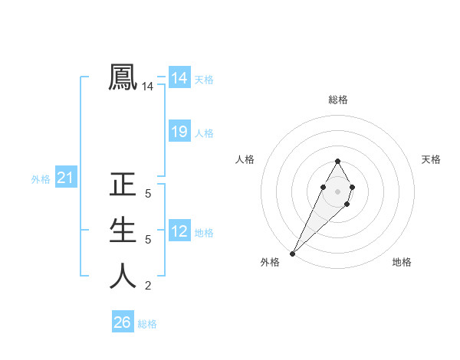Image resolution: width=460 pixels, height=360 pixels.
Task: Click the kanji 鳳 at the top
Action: coord(123,77)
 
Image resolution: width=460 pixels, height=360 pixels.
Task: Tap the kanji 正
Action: coord(123,185)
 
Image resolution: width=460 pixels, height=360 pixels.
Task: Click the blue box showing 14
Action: coord(179,78)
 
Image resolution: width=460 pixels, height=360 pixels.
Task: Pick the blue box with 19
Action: coord(179,132)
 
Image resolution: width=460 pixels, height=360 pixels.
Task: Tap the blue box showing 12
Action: coord(179,231)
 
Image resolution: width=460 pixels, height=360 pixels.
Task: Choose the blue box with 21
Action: coord(65,178)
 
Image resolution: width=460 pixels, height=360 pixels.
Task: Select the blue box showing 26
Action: coord(123,322)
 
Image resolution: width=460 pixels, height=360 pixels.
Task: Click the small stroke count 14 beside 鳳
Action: coord(148,87)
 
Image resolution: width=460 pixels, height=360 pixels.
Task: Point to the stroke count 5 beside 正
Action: coord(148,195)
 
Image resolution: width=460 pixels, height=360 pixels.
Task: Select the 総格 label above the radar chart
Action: coord(338,100)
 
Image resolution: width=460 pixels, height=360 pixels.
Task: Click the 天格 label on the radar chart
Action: coord(431,159)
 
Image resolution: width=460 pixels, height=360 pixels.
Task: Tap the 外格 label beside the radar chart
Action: coord(270,263)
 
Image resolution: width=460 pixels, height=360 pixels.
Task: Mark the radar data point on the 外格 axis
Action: coord(293,253)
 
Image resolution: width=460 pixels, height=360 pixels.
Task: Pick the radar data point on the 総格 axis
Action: coord(337,161)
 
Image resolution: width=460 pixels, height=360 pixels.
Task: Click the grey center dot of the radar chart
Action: coord(337,191)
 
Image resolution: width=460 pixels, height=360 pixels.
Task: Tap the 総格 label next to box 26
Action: coord(147,324)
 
